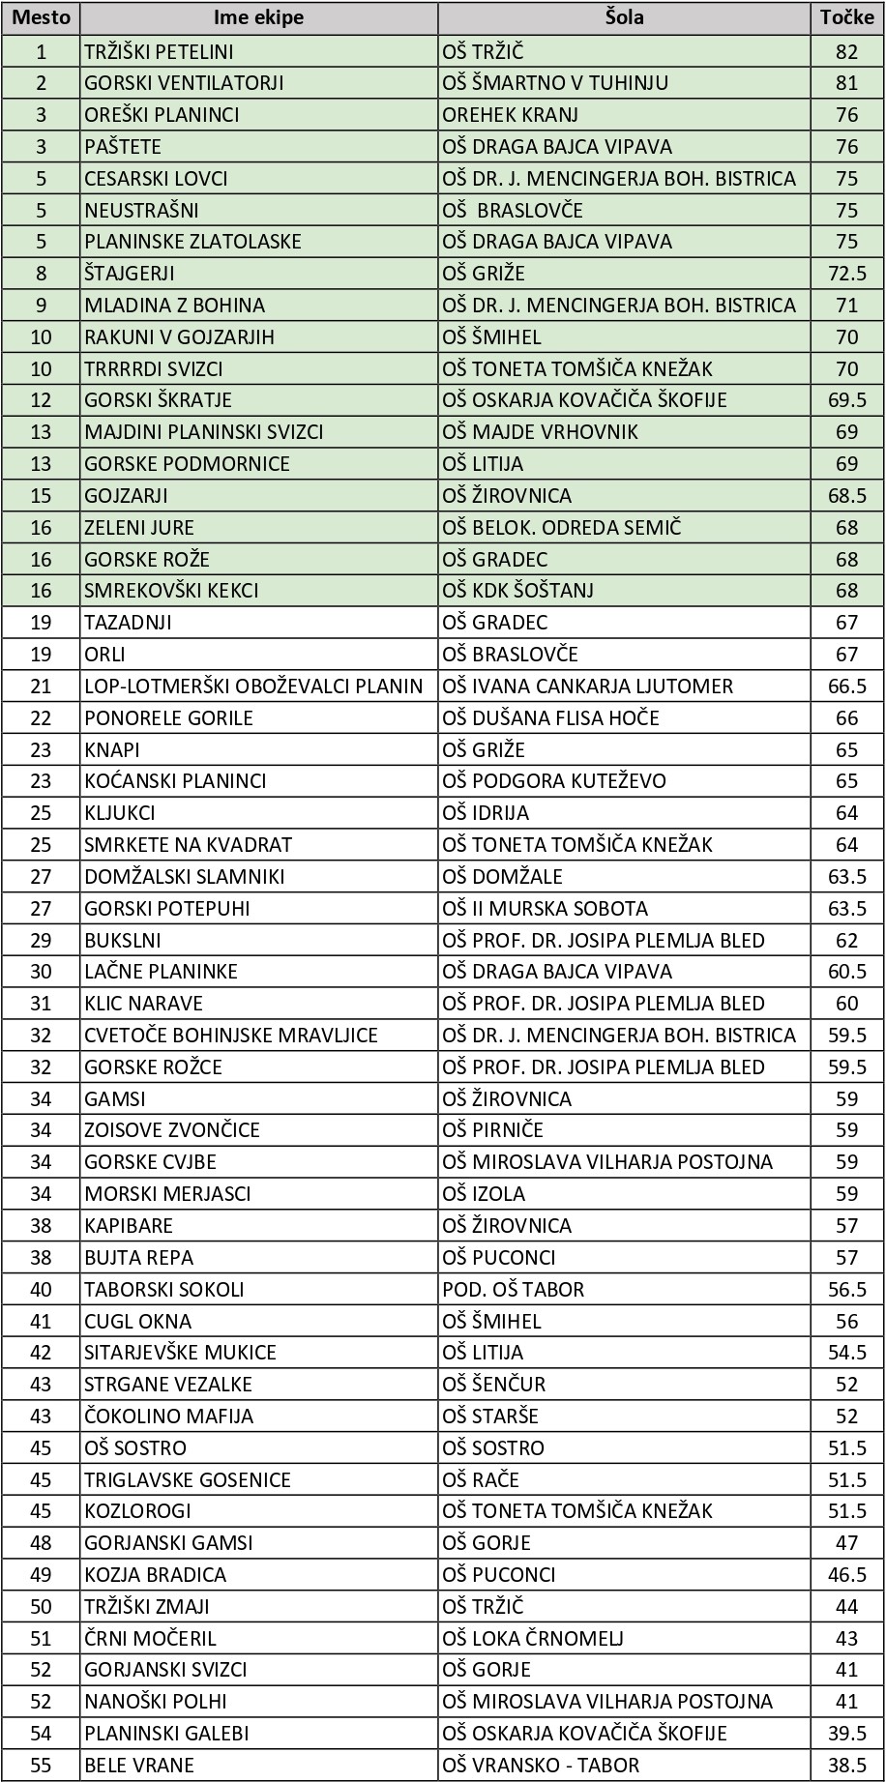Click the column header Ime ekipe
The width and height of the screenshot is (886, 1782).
pos(258,18)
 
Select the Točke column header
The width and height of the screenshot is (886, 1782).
pos(846,18)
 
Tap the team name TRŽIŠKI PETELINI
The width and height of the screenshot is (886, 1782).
pos(159,51)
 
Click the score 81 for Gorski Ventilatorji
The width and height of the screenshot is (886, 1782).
pos(846,83)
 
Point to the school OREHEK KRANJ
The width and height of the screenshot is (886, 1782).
pos(510,115)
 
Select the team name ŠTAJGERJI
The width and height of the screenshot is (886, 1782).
pos(130,274)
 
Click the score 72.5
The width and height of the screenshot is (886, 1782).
pos(846,274)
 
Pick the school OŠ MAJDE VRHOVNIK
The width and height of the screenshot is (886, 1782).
pos(540,432)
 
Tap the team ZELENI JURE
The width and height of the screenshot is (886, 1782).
pos(139,528)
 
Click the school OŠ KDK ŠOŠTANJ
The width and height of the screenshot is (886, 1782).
pos(517,591)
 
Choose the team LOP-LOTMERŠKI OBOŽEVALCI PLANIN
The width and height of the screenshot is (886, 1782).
pos(253,687)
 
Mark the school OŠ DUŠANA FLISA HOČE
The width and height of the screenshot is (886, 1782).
pos(550,718)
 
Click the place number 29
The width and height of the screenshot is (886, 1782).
pos(41,941)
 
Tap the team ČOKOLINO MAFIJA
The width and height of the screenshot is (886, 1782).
pos(168,1417)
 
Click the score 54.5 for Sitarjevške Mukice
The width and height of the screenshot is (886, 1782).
pos(846,1353)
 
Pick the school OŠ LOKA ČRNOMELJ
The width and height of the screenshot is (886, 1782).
pos(533,1639)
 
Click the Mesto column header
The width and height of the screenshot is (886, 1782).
pos(41,18)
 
